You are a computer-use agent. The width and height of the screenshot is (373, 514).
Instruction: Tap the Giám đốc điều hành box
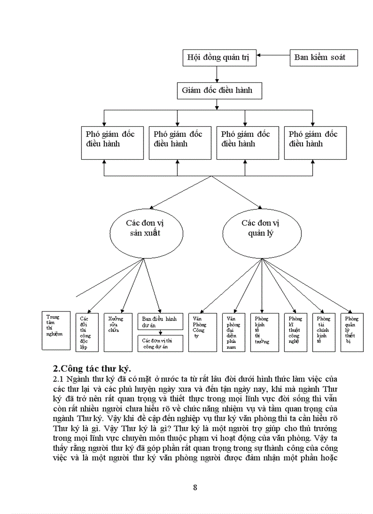point(220,91)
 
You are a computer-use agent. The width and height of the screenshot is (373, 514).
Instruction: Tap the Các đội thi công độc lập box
point(87,332)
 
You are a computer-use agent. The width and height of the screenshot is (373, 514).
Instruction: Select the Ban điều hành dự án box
point(160,321)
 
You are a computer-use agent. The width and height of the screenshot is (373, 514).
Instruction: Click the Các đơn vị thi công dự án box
point(160,343)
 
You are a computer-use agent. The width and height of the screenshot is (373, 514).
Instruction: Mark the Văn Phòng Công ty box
point(202,332)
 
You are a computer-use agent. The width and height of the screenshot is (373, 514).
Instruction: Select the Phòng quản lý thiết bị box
point(352,332)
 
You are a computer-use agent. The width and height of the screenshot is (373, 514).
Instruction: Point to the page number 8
point(195,487)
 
